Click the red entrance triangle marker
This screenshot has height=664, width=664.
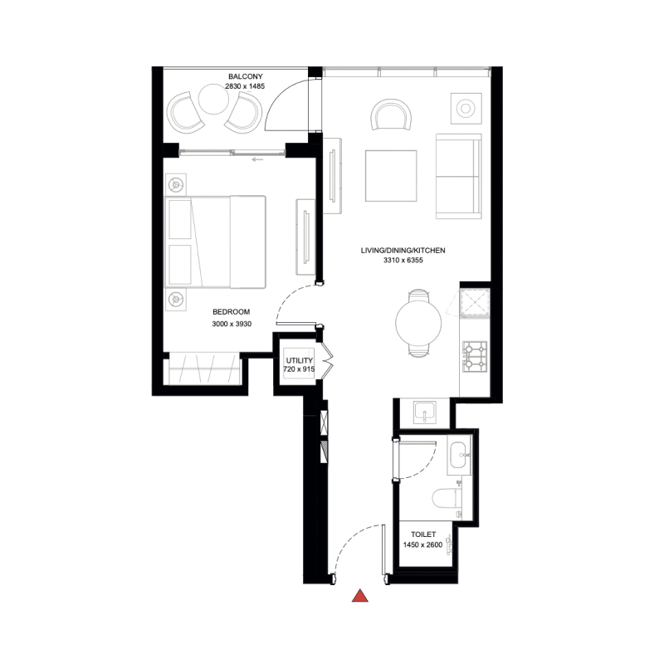click(360, 595)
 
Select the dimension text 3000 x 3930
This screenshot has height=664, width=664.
click(232, 325)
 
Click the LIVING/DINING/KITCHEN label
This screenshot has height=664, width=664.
click(403, 250)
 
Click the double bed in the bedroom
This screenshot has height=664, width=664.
click(216, 241)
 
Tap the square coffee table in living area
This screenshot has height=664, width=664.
click(390, 175)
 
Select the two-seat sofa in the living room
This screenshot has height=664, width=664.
click(458, 175)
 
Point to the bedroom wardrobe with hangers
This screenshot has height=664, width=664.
click(203, 368)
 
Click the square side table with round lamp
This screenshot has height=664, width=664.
click(466, 108)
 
